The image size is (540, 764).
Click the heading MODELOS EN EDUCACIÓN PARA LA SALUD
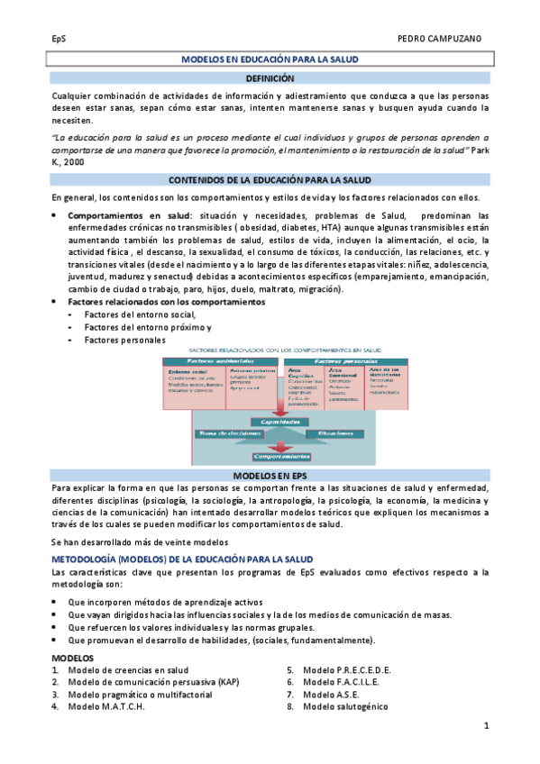point(270,59)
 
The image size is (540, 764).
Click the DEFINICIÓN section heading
point(270,79)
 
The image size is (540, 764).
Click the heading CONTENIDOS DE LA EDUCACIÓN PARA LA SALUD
point(270,180)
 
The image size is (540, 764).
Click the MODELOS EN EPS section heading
point(270,474)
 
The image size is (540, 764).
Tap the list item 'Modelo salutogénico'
point(345,706)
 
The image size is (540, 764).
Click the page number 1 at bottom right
point(486,725)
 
